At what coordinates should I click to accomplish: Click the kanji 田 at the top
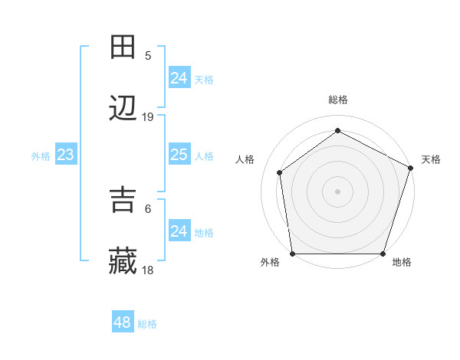(123, 47)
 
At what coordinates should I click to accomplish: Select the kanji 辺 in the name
(123, 109)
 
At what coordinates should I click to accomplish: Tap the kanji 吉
(123, 201)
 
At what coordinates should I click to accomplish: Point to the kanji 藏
(123, 262)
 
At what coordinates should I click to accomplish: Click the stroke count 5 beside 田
(148, 55)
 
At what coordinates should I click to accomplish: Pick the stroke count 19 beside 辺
(148, 117)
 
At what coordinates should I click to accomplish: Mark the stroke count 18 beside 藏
(148, 270)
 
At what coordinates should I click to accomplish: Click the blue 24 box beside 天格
(179, 77)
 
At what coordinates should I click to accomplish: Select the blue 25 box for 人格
(179, 155)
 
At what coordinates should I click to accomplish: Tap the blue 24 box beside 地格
(179, 231)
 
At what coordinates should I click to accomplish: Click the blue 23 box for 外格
(66, 155)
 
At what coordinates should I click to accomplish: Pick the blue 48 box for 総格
(122, 322)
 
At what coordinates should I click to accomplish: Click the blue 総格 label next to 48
(147, 324)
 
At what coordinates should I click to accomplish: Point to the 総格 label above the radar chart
(337, 100)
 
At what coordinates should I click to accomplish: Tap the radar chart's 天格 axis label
(431, 159)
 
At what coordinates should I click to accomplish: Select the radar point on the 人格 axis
(280, 172)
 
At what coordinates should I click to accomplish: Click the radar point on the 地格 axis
(383, 253)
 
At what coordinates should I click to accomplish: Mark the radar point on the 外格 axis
(292, 253)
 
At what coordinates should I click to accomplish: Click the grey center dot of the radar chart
(337, 191)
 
